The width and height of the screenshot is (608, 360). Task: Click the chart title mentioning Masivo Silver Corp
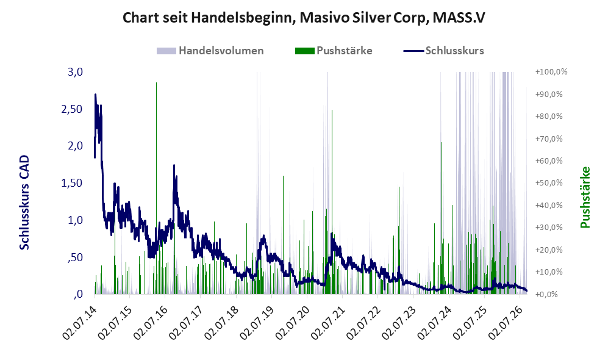click(x=304, y=18)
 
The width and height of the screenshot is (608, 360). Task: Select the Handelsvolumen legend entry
click(x=210, y=51)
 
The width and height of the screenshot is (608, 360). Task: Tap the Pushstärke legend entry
click(x=334, y=51)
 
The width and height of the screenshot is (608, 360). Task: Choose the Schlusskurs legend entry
click(x=443, y=51)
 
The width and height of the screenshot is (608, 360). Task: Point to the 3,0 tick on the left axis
click(x=75, y=72)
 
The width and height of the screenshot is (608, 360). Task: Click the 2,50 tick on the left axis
click(x=72, y=109)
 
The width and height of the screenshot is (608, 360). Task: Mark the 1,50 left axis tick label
click(x=72, y=183)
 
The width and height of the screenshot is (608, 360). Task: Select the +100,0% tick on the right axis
click(x=551, y=72)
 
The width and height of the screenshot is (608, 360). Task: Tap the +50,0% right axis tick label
click(x=549, y=183)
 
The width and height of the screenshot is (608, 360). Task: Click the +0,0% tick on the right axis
click(x=546, y=295)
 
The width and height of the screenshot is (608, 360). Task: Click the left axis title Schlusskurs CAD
click(x=24, y=203)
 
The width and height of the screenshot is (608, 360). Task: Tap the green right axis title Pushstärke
click(x=585, y=197)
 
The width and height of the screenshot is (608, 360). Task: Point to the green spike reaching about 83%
click(x=332, y=202)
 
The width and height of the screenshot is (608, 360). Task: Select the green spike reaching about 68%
click(x=442, y=218)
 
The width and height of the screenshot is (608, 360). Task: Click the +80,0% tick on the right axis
click(x=549, y=117)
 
